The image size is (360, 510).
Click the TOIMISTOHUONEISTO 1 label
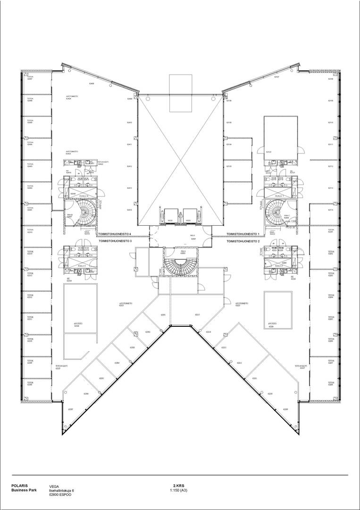pyautogui.click(x=243, y=234)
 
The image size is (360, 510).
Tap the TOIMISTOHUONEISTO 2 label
pyautogui.click(x=243, y=241)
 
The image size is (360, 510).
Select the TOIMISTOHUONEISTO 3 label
pyautogui.click(x=115, y=241)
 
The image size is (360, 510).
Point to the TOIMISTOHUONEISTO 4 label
pyautogui.click(x=114, y=234)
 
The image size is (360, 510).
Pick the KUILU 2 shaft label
pyautogui.click(x=279, y=266)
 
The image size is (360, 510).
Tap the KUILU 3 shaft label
pyautogui.click(x=82, y=266)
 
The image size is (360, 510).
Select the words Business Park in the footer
pyautogui.click(x=23, y=490)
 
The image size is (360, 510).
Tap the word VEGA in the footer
pyautogui.click(x=54, y=486)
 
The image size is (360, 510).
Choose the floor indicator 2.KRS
pyautogui.click(x=178, y=486)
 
